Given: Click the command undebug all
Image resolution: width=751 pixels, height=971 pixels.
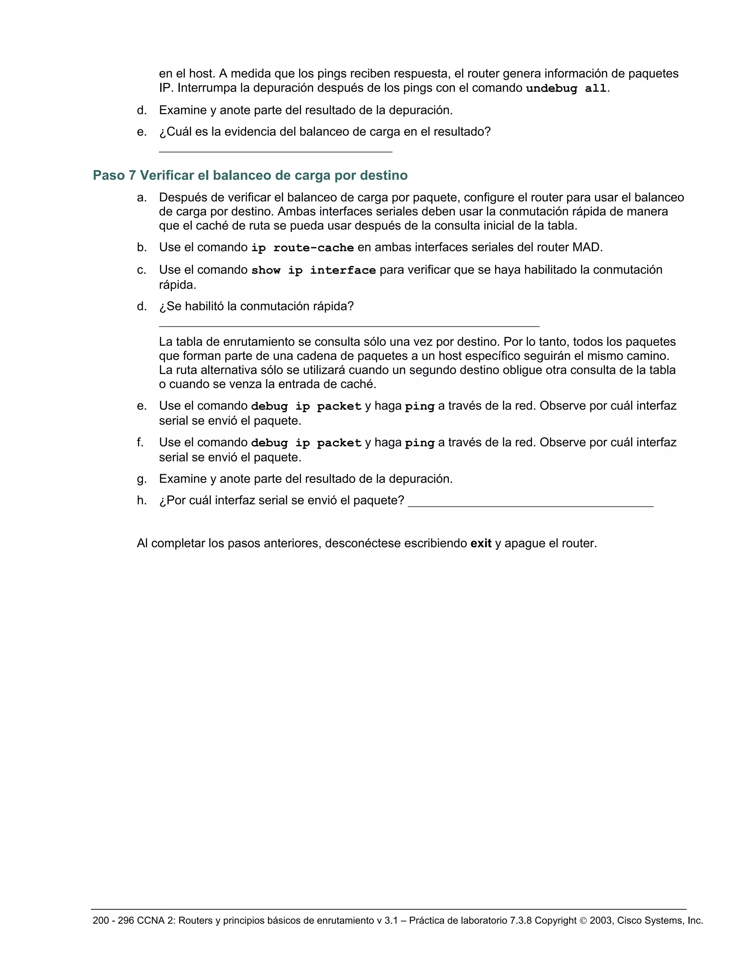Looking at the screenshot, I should click(x=566, y=88).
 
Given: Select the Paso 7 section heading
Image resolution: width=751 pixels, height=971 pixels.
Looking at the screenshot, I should click(x=250, y=176).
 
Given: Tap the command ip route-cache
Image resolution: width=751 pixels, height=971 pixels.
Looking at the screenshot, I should click(x=302, y=248).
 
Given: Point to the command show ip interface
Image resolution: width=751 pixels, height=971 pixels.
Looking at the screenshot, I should click(x=313, y=270).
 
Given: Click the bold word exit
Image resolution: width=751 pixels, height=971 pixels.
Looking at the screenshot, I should click(x=480, y=543).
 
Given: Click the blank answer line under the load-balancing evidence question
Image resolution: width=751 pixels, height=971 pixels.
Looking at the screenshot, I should click(x=275, y=151).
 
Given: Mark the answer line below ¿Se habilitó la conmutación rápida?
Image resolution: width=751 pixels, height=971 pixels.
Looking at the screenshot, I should click(x=349, y=325).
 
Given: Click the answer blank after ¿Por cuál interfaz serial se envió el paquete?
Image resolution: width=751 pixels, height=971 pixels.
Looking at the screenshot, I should click(x=530, y=506).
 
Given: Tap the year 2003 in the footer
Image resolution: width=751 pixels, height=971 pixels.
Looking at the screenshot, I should click(x=601, y=920).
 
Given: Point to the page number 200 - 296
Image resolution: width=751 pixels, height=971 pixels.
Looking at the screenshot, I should click(x=113, y=920).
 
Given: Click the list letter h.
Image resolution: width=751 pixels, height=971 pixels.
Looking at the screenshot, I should click(x=142, y=501).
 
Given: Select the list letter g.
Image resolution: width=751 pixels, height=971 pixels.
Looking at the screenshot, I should click(x=142, y=479).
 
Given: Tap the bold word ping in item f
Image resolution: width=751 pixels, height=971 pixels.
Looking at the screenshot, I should click(x=420, y=443).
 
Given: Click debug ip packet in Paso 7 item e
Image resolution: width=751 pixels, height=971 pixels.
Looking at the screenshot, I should click(x=306, y=406).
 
